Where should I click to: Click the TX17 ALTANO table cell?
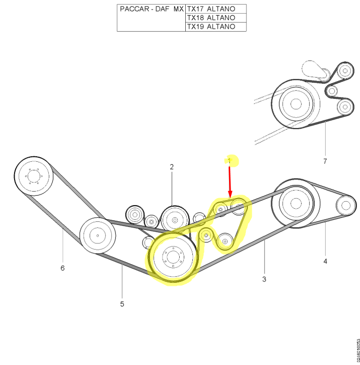(216, 9)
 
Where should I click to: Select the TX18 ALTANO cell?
(216, 18)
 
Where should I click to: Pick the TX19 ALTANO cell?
(216, 27)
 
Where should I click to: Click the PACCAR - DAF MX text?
(152, 9)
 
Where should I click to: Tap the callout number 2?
(172, 167)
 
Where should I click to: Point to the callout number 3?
(264, 279)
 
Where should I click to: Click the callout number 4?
(325, 261)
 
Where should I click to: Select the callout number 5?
(122, 304)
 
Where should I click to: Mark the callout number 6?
(62, 268)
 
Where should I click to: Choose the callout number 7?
(325, 161)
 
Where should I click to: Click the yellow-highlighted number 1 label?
(230, 161)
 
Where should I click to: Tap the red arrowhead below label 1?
(230, 194)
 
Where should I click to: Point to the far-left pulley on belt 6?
(34, 176)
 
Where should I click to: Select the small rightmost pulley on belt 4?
(346, 205)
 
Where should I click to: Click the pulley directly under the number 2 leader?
(175, 220)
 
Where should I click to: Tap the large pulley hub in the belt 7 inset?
(296, 103)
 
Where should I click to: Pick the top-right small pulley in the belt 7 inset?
(345, 71)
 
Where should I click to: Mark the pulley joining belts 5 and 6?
(98, 235)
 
